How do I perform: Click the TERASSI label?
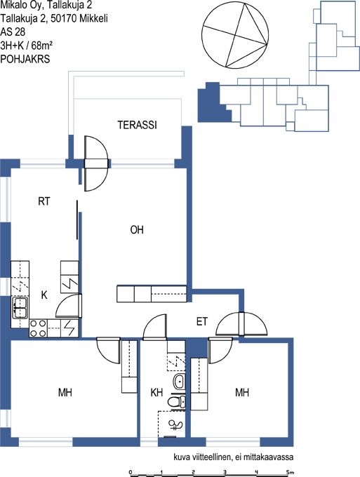click(x=138, y=125)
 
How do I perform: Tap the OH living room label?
click(x=137, y=229)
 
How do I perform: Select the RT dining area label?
click(x=44, y=201)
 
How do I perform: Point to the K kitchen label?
click(x=44, y=295)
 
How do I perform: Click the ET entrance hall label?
click(x=202, y=321)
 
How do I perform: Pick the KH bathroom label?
click(x=156, y=392)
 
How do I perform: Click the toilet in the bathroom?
click(x=177, y=401)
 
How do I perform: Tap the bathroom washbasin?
click(x=179, y=382)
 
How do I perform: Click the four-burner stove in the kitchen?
click(x=39, y=328)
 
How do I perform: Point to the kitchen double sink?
click(x=20, y=307)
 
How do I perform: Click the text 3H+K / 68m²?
click(x=27, y=46)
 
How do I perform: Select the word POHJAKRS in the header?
click(x=25, y=59)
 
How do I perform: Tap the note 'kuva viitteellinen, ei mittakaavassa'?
click(x=234, y=457)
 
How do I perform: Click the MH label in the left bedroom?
click(x=65, y=392)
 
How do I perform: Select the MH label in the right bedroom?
click(x=242, y=392)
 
